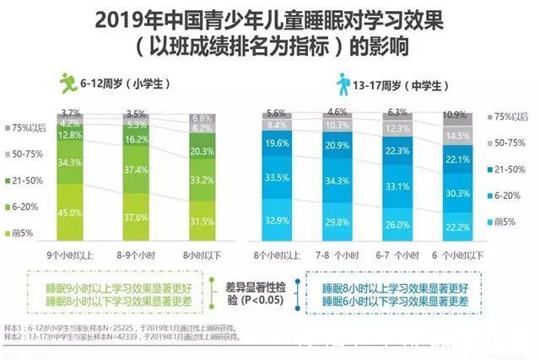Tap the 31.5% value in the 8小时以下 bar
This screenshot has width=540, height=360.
click(x=202, y=222)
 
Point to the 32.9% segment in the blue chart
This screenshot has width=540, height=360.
click(x=277, y=219)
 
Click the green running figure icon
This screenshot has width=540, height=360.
click(x=67, y=83)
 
